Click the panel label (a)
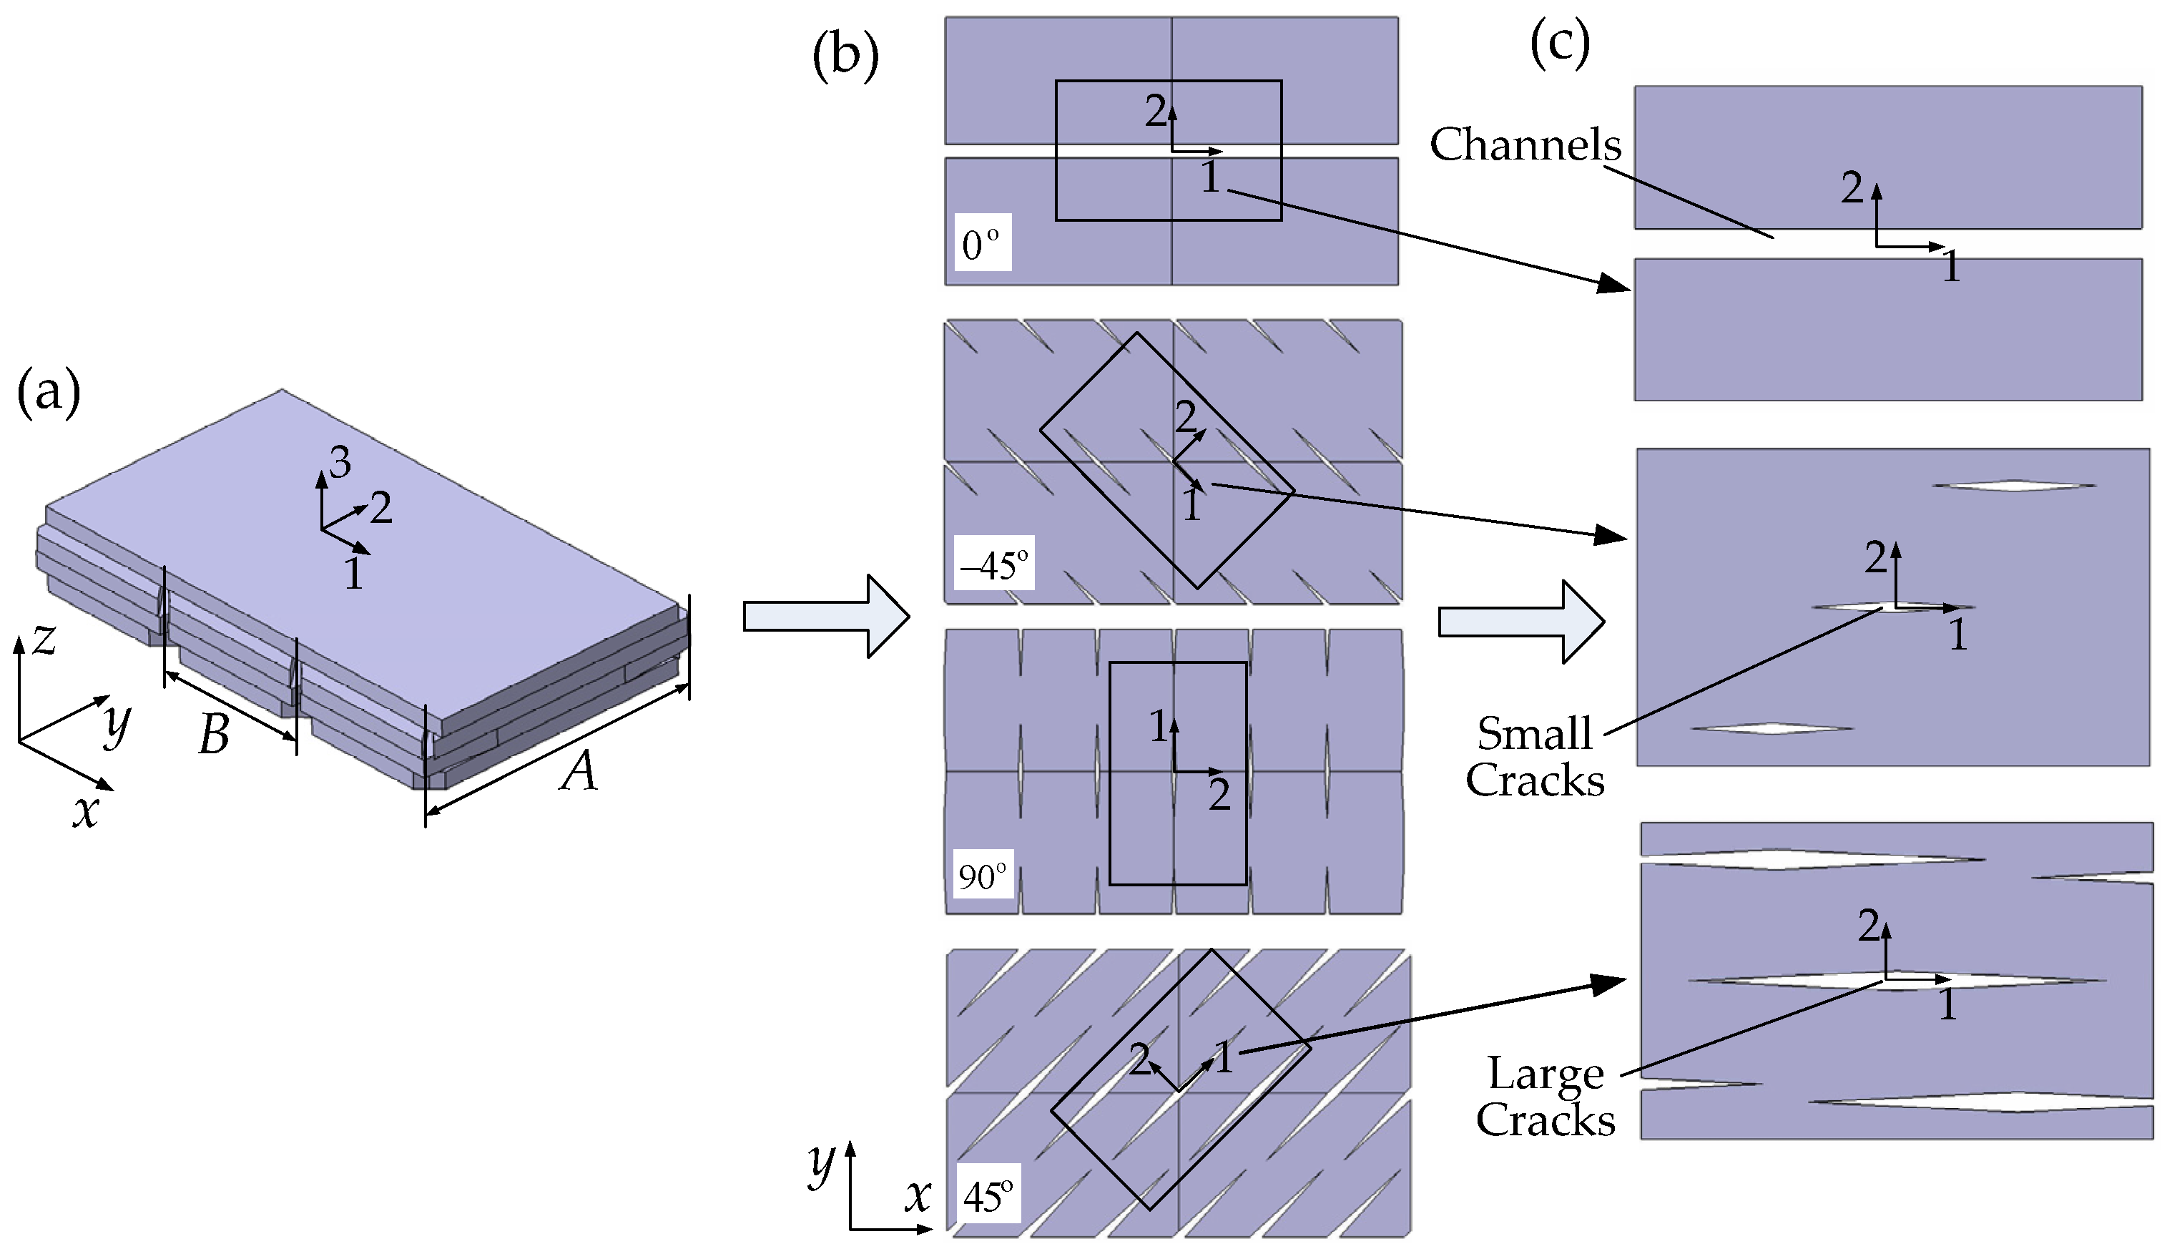pos(49,392)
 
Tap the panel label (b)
pos(845,57)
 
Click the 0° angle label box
pos(982,243)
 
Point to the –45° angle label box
pos(996,564)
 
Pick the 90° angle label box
pos(983,876)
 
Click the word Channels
pos(1525,144)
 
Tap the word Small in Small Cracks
pos(1534,734)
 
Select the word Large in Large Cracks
pos(1546,1073)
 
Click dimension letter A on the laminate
pos(578,771)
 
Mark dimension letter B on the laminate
pos(214,735)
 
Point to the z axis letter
pos(44,639)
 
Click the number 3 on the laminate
pos(340,464)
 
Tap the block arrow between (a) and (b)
pos(826,616)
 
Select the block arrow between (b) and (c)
pos(1520,622)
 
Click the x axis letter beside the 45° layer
pos(918,1195)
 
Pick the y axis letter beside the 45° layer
pos(822,1164)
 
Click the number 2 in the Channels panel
pos(1852,187)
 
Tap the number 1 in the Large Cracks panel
pos(1947,1004)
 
